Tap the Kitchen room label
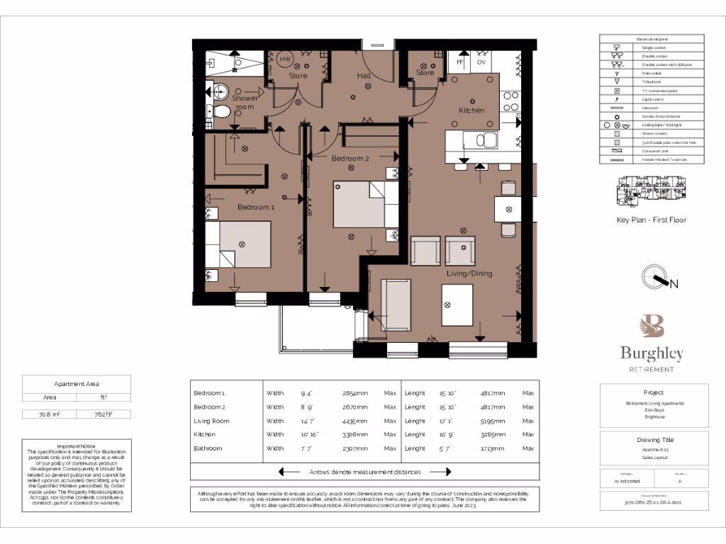(471, 110)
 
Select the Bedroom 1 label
(256, 207)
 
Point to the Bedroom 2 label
(350, 159)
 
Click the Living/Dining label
(469, 273)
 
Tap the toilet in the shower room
(221, 111)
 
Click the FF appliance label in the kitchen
(459, 62)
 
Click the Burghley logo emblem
(652, 327)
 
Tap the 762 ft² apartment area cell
(104, 414)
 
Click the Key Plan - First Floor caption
(651, 220)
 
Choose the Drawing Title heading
(654, 440)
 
